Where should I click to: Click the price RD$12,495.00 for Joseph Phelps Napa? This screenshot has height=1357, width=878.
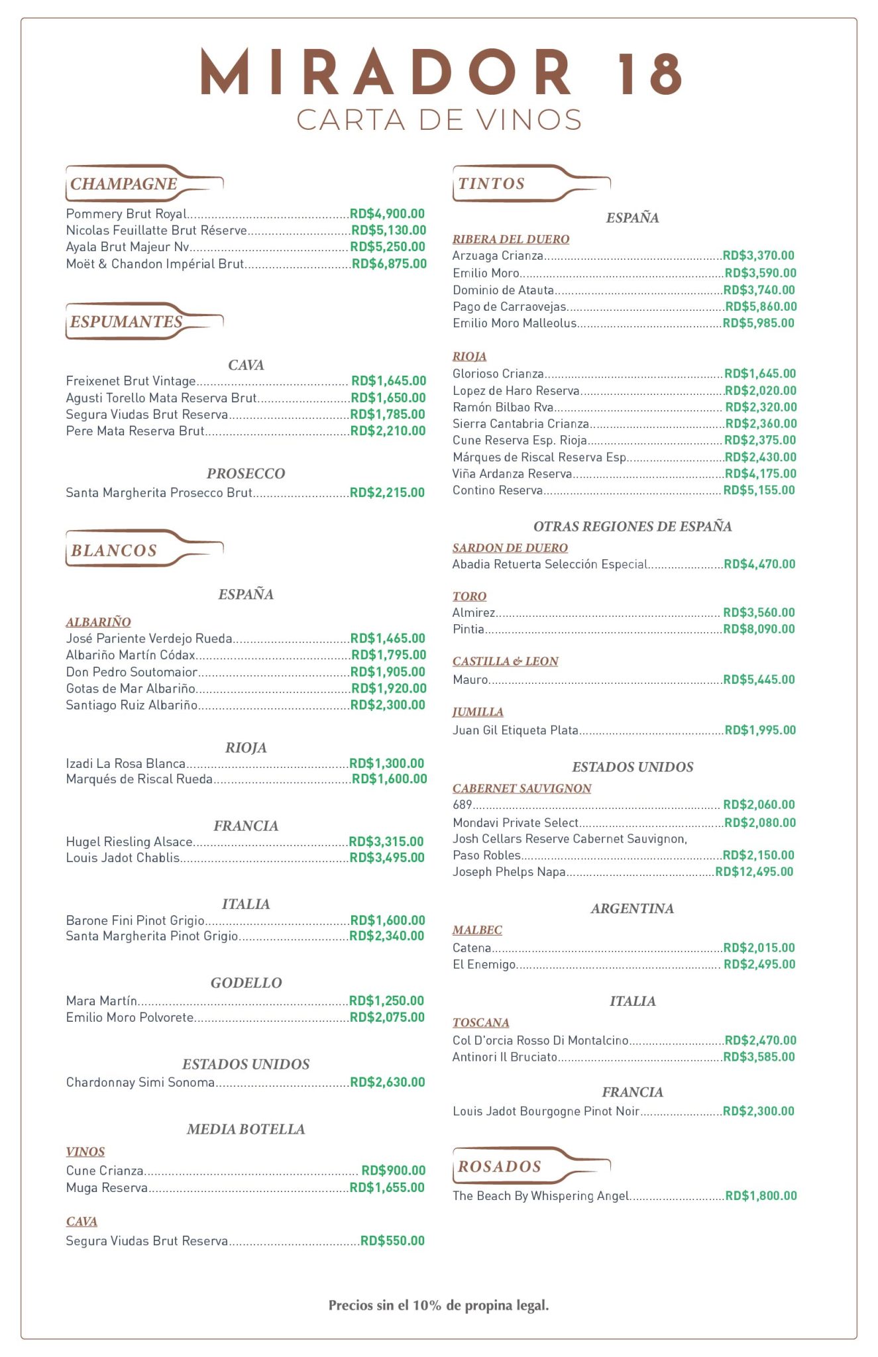tap(754, 871)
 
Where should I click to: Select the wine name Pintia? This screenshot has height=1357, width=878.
tap(468, 629)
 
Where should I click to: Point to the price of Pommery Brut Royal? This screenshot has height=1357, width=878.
tap(387, 213)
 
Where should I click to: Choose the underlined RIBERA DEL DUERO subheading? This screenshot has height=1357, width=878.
tap(511, 239)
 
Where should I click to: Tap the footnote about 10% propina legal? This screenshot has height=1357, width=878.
tap(439, 1305)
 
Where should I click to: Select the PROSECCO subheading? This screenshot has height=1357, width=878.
tap(246, 473)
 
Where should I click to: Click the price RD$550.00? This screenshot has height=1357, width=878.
tap(392, 1240)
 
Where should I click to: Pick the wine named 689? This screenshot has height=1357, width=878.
tap(462, 804)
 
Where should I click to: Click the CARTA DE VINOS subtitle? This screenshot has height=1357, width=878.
tap(439, 120)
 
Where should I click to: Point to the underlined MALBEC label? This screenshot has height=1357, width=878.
tap(477, 930)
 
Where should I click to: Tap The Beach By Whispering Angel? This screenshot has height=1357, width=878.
tap(541, 1195)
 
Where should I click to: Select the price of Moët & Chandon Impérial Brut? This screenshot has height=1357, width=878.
tap(389, 263)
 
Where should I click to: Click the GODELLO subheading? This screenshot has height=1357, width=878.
tap(246, 983)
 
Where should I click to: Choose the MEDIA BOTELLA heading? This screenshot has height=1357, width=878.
tap(246, 1129)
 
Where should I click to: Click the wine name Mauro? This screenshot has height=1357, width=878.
tap(470, 679)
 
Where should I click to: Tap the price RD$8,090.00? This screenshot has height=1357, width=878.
tap(759, 629)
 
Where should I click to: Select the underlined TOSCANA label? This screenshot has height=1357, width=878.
tap(480, 1022)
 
